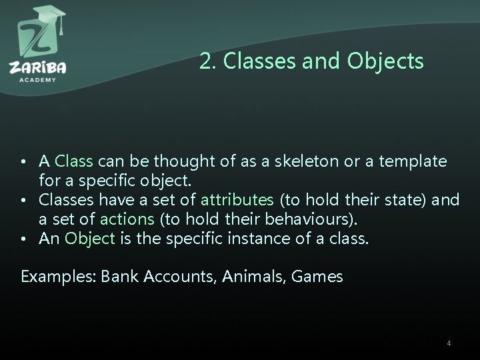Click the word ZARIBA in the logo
[x=37, y=67]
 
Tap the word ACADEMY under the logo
[x=37, y=79]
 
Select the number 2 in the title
[x=205, y=61]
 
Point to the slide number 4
[x=449, y=343]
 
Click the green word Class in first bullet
[x=75, y=161]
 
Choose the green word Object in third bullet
[x=90, y=238]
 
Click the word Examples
[x=58, y=276]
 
